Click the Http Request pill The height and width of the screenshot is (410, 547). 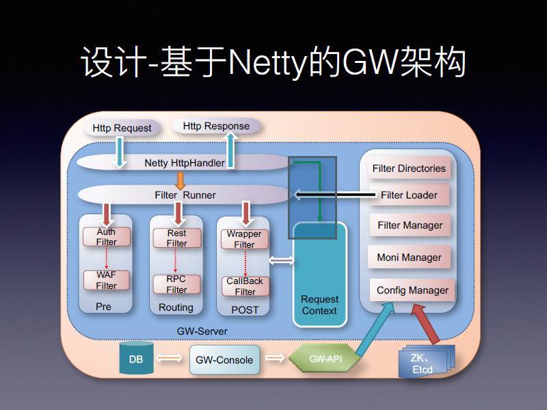point(122,128)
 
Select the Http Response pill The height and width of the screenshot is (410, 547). point(216,126)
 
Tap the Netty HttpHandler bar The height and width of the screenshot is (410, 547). point(185,163)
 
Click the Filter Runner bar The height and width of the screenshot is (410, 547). point(185,195)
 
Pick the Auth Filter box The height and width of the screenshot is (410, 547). point(106,237)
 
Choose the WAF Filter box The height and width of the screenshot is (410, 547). point(106,280)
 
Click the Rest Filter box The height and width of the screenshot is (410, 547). point(176,238)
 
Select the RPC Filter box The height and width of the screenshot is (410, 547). point(176,284)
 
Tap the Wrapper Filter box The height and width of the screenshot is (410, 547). point(244,239)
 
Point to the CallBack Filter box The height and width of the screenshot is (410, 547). point(245,286)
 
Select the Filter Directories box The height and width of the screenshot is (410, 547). point(408,168)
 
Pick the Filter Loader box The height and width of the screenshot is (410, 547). point(409,195)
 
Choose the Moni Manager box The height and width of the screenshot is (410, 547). point(409,257)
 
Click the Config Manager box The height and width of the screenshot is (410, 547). point(412,290)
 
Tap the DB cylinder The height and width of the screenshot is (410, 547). point(137,358)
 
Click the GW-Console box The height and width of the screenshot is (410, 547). point(224,359)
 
